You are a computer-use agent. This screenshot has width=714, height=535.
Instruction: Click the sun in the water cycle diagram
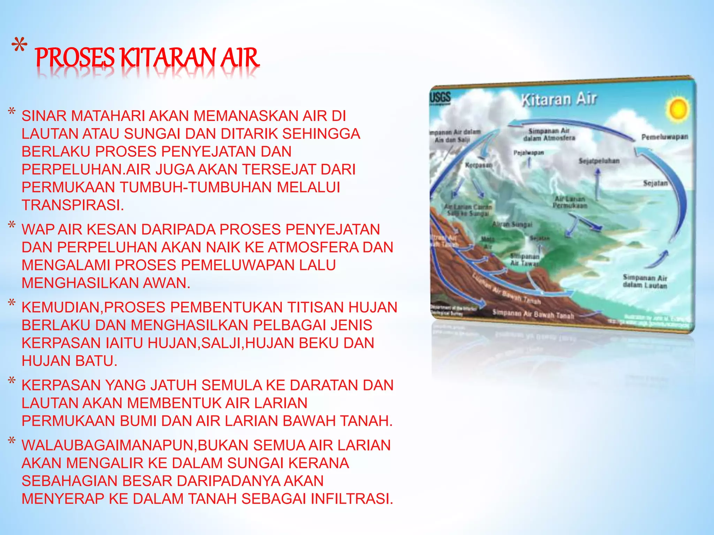tap(677, 109)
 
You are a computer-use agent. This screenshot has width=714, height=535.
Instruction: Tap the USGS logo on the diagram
tap(440, 98)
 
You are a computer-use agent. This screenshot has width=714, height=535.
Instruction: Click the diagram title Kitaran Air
tap(559, 99)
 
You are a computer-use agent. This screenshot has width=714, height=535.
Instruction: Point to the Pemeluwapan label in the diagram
tap(664, 137)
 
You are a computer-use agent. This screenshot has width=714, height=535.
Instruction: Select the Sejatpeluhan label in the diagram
tap(599, 161)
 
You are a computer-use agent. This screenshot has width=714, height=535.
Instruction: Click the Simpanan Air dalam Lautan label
tap(645, 281)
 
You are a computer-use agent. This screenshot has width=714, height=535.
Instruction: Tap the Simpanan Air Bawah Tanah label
tap(533, 315)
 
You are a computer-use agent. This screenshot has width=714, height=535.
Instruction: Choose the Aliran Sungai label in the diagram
tap(512, 225)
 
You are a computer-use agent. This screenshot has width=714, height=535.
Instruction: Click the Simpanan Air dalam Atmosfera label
tap(549, 134)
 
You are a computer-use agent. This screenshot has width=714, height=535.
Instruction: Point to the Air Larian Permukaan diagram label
tap(570, 202)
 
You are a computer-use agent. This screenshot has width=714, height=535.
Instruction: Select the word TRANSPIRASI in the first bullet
tap(73, 205)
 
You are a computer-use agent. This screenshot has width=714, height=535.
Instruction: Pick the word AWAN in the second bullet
tap(166, 283)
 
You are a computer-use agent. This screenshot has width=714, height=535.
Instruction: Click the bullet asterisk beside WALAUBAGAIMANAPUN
tap(12, 441)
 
